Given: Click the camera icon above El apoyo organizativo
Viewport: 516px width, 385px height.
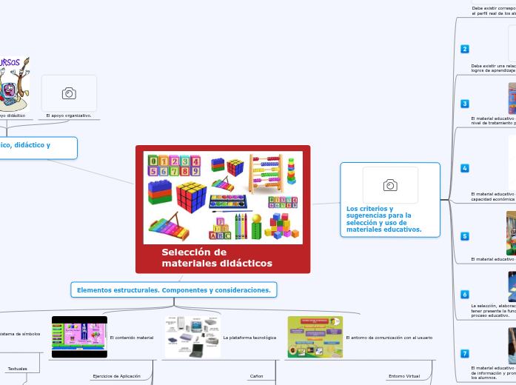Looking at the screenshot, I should point(69,93).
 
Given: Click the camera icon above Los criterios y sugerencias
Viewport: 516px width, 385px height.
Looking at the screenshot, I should point(390,184).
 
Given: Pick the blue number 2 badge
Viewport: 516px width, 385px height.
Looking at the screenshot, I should point(465,49).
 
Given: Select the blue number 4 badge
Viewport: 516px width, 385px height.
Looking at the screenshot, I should point(465,168).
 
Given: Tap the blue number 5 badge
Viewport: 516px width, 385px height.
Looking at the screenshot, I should point(465,236).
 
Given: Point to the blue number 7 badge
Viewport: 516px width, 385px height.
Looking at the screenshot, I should point(465,354).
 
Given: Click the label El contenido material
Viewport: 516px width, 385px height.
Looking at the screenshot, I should point(131,338).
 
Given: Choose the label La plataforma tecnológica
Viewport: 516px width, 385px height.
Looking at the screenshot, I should point(249,338).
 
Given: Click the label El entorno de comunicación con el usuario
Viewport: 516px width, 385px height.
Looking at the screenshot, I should point(389,338).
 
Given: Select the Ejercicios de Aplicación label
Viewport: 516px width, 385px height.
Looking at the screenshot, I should point(116,376).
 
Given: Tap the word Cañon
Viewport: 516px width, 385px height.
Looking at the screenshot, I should point(256,376).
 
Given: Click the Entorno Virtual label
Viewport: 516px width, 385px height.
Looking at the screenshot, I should point(404,376).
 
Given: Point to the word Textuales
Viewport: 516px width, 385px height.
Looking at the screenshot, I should point(18,368).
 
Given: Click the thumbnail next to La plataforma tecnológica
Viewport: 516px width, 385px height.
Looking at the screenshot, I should point(192,338).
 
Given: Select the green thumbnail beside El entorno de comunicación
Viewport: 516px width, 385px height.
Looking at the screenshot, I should point(315,338).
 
